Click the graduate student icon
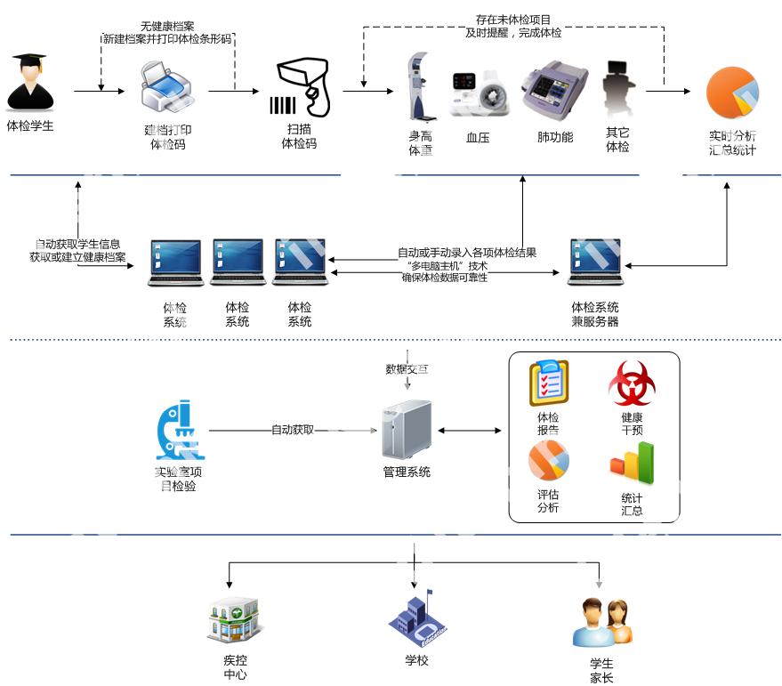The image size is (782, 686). tap(30, 83)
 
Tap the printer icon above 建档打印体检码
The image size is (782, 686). tap(167, 89)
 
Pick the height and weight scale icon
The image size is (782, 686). tap(419, 87)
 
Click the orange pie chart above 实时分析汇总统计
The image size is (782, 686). tap(732, 93)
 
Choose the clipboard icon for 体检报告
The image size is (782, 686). tap(548, 383)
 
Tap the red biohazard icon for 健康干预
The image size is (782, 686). tap(632, 383)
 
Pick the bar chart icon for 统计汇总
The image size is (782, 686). tap(632, 464)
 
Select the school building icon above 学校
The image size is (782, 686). tap(416, 618)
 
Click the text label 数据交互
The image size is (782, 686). tap(407, 369)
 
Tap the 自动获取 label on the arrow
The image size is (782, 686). tap(293, 430)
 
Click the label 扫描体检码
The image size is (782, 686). tap(299, 136)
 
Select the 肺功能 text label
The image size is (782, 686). tap(555, 138)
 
